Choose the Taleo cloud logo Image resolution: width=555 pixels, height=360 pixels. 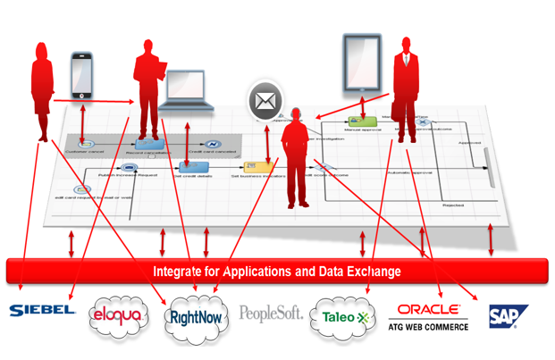(x=343, y=315)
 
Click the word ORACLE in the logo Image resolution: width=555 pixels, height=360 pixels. (x=429, y=309)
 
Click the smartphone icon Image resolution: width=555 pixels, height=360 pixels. (x=82, y=74)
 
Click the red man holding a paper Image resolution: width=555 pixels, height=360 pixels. (x=148, y=88)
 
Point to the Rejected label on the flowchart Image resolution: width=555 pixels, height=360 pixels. (x=452, y=205)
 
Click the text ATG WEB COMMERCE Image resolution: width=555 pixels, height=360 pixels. (x=429, y=326)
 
